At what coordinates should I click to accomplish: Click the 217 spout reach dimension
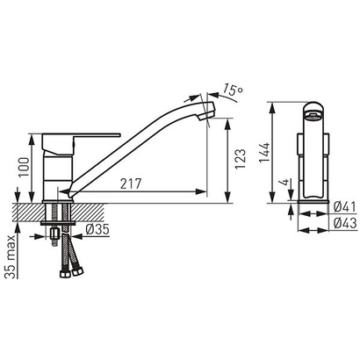coord(131,184)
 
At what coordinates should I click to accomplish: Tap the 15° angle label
coord(233,90)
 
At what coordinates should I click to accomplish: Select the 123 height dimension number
coord(241,159)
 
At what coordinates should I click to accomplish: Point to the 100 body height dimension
coord(24,167)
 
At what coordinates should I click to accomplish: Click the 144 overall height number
coord(263,153)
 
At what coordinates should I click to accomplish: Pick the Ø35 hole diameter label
coord(97,229)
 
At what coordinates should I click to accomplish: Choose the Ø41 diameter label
coord(344,207)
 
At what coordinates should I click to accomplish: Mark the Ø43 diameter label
coord(345,223)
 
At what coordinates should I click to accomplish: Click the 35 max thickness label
coord(11,256)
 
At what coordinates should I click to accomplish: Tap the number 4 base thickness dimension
coord(284,183)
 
